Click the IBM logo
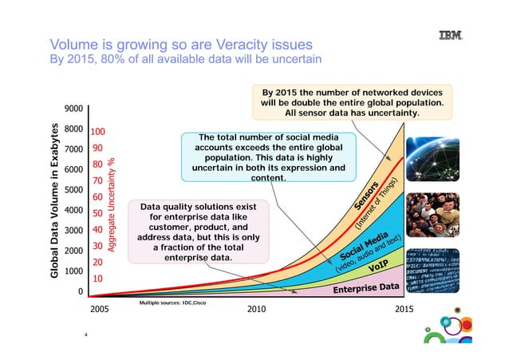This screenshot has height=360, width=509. [452, 36]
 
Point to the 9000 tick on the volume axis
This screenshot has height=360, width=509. [74, 109]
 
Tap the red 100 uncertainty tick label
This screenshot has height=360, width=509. [98, 132]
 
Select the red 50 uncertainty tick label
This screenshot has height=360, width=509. [96, 213]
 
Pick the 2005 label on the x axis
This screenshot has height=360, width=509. [99, 308]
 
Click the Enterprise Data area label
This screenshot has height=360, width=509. [365, 288]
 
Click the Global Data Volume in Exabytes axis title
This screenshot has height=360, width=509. [55, 200]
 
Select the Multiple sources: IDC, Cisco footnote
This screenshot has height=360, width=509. [173, 304]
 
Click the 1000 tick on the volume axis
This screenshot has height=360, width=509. [74, 271]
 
